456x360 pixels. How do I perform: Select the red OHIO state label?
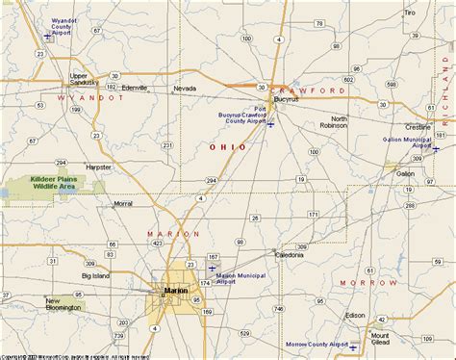227,146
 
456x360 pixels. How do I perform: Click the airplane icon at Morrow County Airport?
354,345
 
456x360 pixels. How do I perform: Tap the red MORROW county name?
368,284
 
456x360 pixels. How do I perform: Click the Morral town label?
122,203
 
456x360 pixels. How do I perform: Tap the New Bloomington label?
65,305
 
